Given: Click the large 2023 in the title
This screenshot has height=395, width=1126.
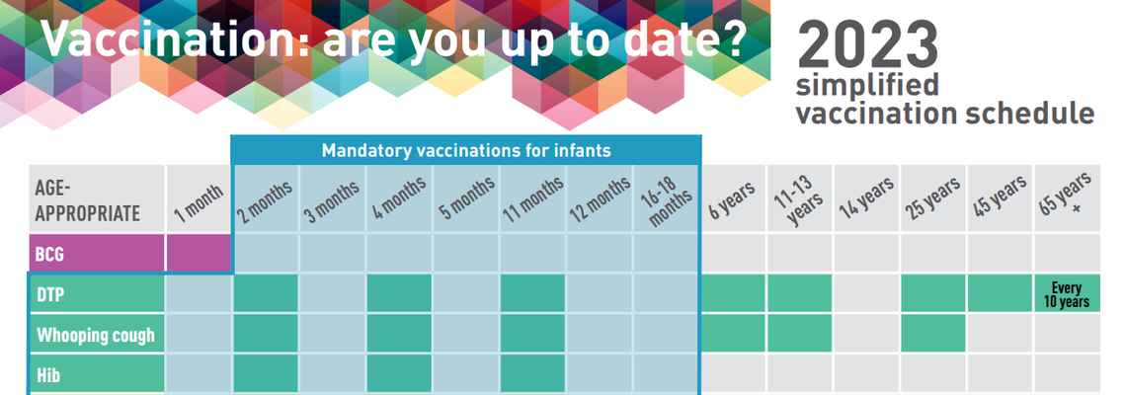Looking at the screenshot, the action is click(867, 44).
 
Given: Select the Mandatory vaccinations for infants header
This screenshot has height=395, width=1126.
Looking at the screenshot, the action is click(466, 151).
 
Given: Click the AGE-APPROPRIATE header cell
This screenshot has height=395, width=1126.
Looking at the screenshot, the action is click(97, 198).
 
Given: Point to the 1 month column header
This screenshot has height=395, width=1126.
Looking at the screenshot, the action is click(199, 198).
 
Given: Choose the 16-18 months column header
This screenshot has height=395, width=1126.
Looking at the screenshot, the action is click(666, 198).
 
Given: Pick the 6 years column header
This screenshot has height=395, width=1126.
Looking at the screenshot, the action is click(733, 198).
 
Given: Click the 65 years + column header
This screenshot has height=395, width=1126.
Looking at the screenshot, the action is click(1067, 198).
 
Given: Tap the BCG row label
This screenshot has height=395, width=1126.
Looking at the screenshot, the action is click(97, 253).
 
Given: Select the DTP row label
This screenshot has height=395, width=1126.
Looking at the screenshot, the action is click(97, 293).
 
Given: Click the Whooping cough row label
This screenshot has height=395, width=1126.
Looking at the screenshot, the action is click(97, 334).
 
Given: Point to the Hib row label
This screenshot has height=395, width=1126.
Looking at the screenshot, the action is click(97, 374).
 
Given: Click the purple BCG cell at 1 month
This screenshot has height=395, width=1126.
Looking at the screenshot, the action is click(199, 253).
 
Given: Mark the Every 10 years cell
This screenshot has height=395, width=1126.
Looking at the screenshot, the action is click(1067, 293).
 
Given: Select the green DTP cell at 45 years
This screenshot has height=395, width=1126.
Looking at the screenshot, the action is click(1000, 293).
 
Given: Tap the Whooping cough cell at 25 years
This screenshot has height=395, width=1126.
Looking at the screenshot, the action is click(932, 334).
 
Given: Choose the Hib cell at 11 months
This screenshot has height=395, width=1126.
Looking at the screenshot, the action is click(532, 374).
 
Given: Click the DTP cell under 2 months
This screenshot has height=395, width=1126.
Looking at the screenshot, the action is click(265, 293).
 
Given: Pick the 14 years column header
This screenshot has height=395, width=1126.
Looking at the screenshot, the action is click(866, 198).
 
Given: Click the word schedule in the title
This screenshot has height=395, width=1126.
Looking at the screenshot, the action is click(1029, 114).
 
